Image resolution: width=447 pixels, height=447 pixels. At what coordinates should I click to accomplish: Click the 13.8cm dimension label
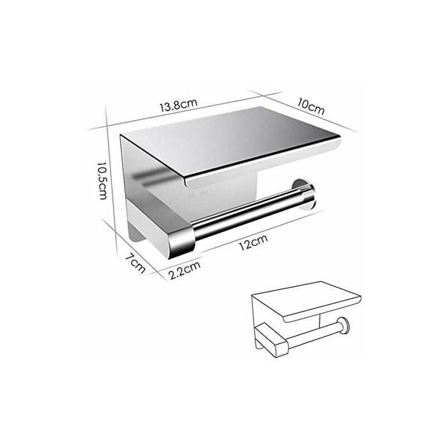(178, 105)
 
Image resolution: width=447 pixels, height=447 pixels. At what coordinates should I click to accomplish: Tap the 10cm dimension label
(310, 106)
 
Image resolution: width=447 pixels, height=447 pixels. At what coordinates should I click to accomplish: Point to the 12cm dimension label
(253, 242)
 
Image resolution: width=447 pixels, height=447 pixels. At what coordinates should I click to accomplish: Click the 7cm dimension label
(135, 263)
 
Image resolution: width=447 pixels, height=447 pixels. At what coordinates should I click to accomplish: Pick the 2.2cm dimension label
(185, 270)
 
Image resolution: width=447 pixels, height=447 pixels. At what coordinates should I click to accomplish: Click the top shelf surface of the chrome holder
(228, 140)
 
